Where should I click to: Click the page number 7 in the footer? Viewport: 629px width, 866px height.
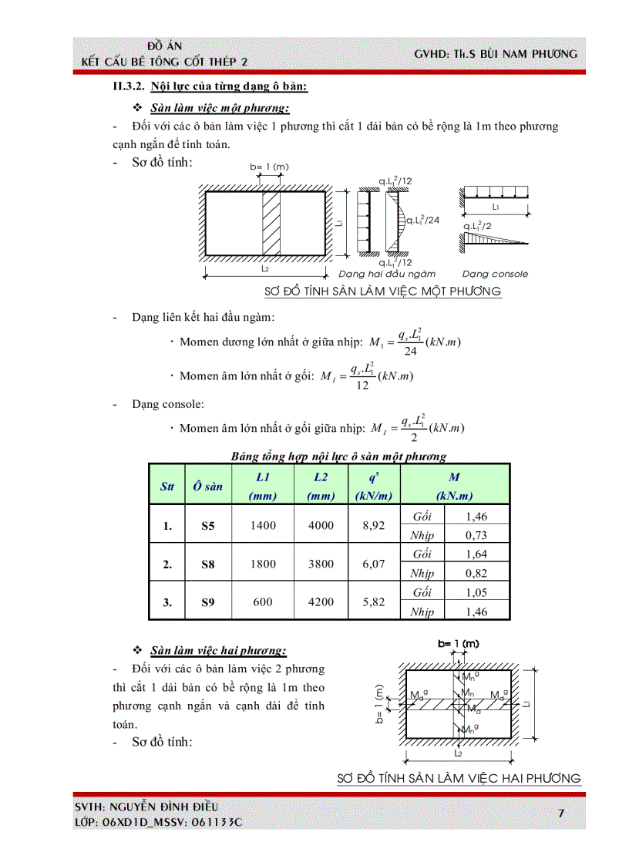[560, 814]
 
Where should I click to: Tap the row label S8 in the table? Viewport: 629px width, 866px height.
[208, 564]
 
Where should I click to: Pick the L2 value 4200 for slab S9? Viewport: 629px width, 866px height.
[321, 602]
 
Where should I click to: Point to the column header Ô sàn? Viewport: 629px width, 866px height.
[208, 486]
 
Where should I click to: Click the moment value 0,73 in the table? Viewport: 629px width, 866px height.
[476, 535]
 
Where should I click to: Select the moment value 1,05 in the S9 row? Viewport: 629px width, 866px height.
[476, 592]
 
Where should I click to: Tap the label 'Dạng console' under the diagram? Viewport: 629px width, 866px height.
[495, 274]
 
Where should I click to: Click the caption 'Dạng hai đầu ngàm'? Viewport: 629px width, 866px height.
[387, 274]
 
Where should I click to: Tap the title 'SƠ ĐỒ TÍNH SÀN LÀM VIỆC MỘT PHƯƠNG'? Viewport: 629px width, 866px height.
[382, 291]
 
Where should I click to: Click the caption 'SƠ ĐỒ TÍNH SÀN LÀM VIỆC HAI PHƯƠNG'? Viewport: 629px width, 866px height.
[459, 778]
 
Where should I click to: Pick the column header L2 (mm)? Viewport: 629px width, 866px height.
[321, 486]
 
